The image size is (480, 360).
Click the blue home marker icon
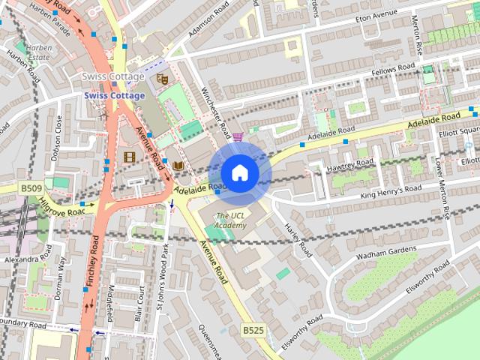click(x=239, y=172)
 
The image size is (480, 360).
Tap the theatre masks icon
click(x=161, y=78)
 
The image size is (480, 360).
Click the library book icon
click(x=178, y=166)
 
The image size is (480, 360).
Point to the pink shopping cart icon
click(x=238, y=136)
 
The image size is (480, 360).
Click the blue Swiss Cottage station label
click(x=114, y=95)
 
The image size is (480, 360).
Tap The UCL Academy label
click(x=230, y=220)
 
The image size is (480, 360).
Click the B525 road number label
click(x=253, y=330)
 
